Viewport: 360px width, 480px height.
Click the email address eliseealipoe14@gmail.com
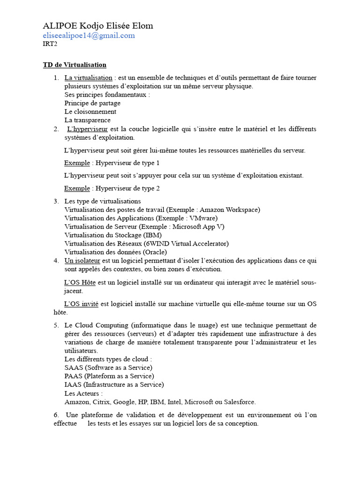click(x=89, y=36)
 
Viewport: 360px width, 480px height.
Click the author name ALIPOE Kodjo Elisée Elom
click(x=97, y=26)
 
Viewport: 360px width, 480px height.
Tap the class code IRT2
click(x=50, y=45)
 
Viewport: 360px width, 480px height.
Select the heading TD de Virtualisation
click(x=75, y=65)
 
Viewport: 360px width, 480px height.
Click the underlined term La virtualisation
click(x=88, y=78)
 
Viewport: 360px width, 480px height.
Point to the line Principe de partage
click(x=92, y=103)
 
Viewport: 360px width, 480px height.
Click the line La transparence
click(x=87, y=120)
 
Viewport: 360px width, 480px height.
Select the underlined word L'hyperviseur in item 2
click(x=88, y=129)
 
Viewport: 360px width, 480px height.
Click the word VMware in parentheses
click(x=202, y=218)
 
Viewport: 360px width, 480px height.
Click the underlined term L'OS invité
click(x=81, y=304)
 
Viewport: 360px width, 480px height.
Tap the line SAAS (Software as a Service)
click(x=108, y=367)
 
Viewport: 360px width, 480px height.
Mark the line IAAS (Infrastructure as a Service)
click(x=114, y=384)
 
